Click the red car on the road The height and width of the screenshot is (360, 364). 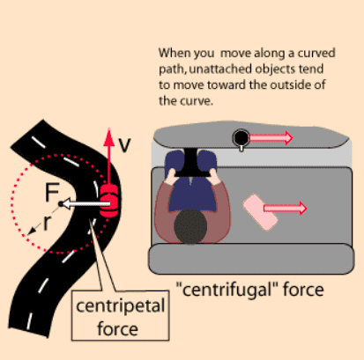pyautogui.click(x=109, y=202)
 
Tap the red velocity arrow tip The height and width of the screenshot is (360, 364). pyautogui.click(x=109, y=129)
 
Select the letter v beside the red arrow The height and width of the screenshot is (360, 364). pyautogui.click(x=124, y=145)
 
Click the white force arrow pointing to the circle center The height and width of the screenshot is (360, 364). pyautogui.click(x=86, y=203)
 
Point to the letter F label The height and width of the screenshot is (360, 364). pyautogui.click(x=52, y=192)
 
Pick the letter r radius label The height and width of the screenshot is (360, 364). pyautogui.click(x=47, y=224)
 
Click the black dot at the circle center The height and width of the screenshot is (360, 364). pyautogui.click(x=61, y=204)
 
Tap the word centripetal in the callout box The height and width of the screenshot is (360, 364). pyautogui.click(x=121, y=306)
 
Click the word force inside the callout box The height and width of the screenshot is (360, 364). pyautogui.click(x=117, y=329)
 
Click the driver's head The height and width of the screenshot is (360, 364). pyautogui.click(x=190, y=226)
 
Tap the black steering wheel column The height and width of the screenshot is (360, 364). pyautogui.click(x=191, y=163)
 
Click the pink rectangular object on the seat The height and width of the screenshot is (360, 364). pyautogui.click(x=260, y=212)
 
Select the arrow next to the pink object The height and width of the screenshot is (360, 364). pyautogui.click(x=285, y=208)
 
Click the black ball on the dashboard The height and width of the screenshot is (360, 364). pyautogui.click(x=241, y=137)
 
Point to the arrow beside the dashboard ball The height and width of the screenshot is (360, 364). pyautogui.click(x=271, y=137)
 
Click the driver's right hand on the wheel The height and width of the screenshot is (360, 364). pyautogui.click(x=216, y=178)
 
